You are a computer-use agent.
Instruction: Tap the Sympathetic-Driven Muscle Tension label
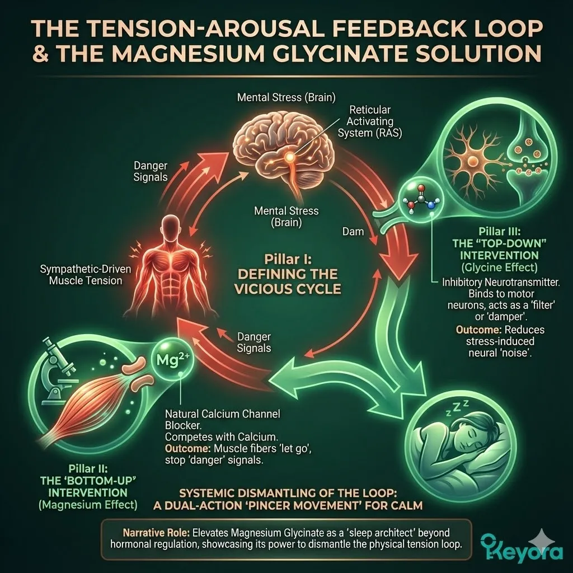point(85,275)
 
